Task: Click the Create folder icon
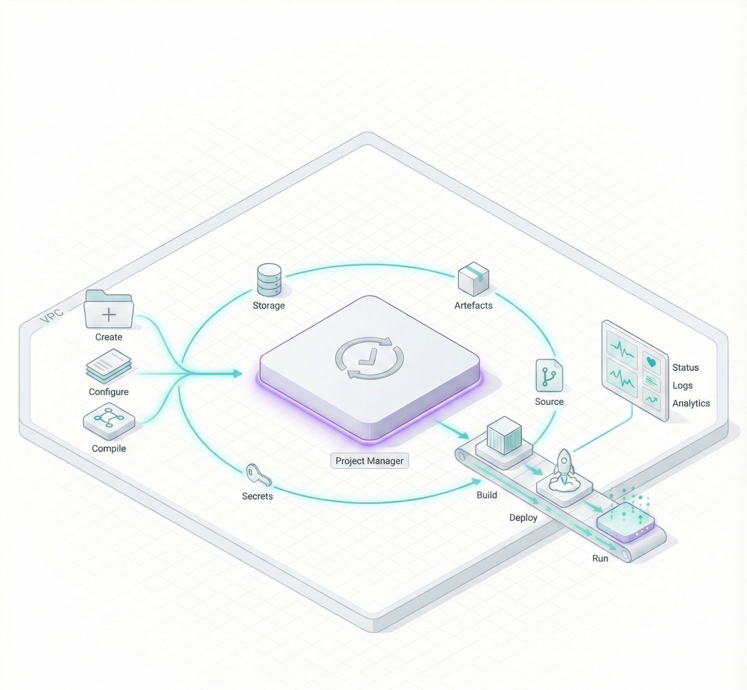point(109,310)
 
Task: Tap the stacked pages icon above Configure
point(109,366)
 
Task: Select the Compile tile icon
point(109,420)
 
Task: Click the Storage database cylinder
point(269,280)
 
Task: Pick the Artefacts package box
point(473,279)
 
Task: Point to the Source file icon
point(549,375)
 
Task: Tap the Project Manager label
point(369,461)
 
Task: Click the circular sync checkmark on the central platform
point(369,358)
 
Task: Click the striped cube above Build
point(504,435)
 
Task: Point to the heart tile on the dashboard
point(651,362)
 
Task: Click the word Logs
point(682,385)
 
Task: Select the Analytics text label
point(691,403)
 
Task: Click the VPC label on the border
point(51,317)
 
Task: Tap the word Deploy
point(523,517)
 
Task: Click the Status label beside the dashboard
point(685,367)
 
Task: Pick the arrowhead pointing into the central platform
point(237,373)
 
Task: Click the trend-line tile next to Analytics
point(651,399)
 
